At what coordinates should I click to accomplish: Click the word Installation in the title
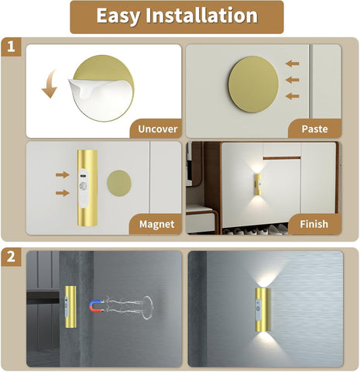tap(205, 16)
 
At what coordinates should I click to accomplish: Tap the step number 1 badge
tap(12, 48)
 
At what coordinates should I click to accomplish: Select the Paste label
tap(314, 128)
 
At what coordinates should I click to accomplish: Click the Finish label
tap(314, 225)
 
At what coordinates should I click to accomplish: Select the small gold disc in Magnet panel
tap(118, 184)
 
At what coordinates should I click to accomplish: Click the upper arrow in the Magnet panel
tap(60, 176)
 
